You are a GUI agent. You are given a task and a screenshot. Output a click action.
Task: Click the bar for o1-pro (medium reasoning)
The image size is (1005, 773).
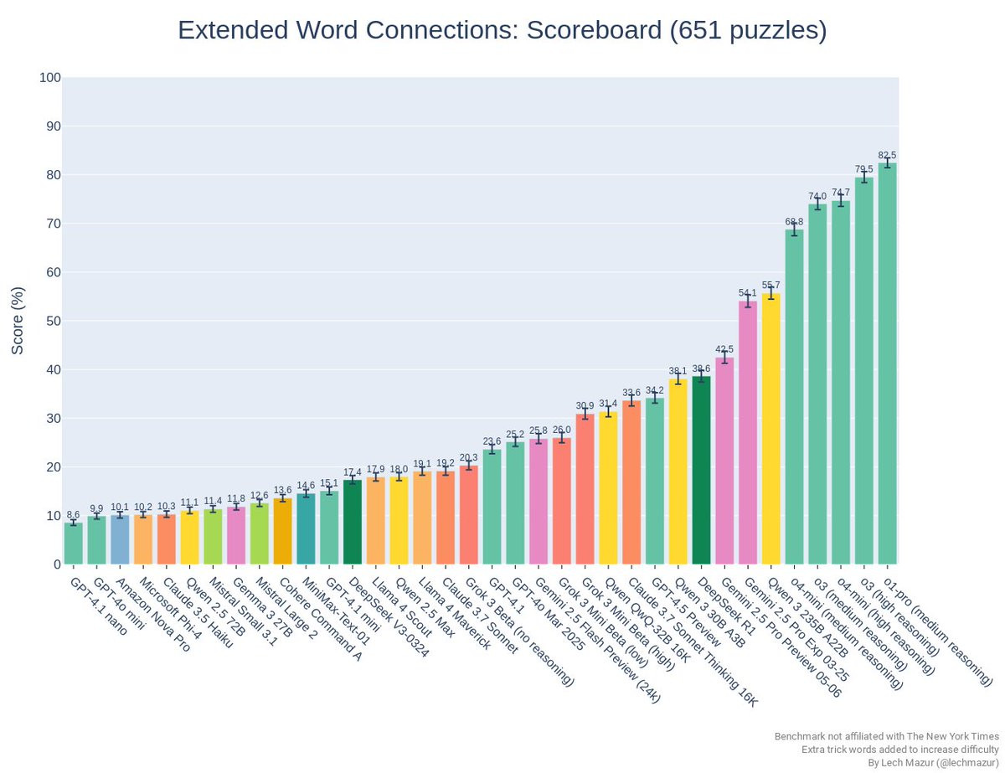pos(887,363)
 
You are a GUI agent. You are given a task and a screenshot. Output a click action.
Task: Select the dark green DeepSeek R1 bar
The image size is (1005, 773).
pos(702,470)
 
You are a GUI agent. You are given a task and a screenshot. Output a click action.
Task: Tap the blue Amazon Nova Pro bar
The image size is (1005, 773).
pos(120,539)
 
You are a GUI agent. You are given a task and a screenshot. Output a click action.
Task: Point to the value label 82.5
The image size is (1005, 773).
pos(887,155)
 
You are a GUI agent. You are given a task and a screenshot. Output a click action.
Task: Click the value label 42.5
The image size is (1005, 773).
pos(724,349)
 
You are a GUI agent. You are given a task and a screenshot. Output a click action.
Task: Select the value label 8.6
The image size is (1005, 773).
pos(74,515)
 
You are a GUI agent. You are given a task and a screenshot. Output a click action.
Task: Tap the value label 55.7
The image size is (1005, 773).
pos(771,286)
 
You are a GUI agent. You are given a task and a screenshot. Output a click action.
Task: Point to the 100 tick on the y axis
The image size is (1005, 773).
pos(50,78)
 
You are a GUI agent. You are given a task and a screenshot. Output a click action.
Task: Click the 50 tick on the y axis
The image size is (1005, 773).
pos(50,321)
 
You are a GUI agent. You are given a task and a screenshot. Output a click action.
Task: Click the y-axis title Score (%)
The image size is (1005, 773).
pos(18,321)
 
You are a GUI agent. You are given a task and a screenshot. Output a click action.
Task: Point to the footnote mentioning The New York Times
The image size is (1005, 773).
pos(886,736)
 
